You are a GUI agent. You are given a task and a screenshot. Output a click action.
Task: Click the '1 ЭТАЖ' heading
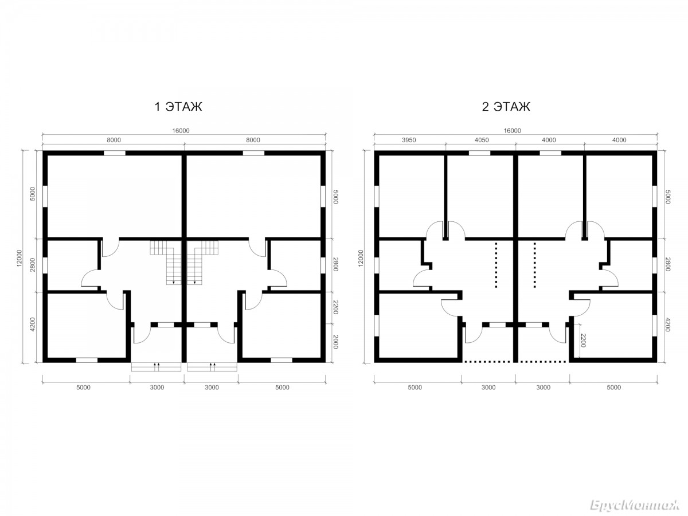coord(178,107)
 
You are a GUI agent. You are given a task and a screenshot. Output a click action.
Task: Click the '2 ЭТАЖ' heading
coord(506,107)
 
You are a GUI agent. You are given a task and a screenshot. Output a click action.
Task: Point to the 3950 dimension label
coord(409,140)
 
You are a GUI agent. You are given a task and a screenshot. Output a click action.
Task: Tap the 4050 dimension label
coord(482,140)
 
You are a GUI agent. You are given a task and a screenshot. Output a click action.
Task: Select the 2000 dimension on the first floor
coord(335,342)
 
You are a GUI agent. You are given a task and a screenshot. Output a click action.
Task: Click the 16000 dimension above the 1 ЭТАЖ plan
coord(181,131)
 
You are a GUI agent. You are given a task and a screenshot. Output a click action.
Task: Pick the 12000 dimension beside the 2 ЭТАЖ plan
coord(361,258)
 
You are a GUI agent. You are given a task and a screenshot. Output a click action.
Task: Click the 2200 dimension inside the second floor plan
coord(583,340)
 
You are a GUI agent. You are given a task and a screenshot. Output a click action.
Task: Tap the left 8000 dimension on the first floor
coord(114,140)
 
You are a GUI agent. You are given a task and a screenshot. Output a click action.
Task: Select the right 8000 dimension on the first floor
coord(253,140)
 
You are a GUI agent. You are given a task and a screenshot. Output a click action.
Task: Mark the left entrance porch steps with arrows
coord(156,367)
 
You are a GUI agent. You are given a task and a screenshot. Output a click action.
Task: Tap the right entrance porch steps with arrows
coord(212,367)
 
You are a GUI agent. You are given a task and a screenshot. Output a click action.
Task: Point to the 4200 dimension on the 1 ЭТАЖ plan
coord(33,325)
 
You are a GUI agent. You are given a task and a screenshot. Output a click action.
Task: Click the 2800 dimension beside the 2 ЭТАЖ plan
coord(667,264)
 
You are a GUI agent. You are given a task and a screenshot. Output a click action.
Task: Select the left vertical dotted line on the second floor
coord(496,265)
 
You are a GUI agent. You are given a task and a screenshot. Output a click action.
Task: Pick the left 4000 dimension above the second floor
coord(549,140)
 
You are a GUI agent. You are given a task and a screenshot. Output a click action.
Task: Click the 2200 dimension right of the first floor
coord(335,307)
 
